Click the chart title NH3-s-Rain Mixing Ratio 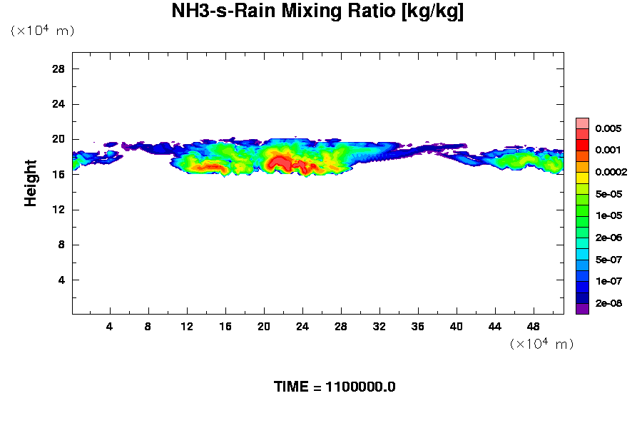point(317,12)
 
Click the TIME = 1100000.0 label point(335,387)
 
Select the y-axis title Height point(31,183)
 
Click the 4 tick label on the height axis point(61,280)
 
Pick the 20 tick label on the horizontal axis point(264,326)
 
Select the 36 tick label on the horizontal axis point(418,326)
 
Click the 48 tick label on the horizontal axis point(534,326)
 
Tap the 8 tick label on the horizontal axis point(148,326)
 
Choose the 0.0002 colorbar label point(610,173)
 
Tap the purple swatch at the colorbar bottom point(582,309)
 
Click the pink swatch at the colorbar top point(582,123)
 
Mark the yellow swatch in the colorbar point(582,178)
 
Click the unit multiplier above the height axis point(42,31)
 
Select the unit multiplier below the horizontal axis point(541,344)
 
